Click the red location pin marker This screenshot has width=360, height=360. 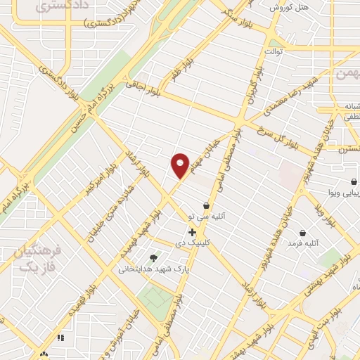pyautogui.click(x=181, y=165)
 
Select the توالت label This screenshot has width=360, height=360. pyautogui.click(x=274, y=51)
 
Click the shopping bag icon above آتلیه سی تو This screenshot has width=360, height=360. pyautogui.click(x=206, y=205)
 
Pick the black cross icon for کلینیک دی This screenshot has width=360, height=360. pyautogui.click(x=191, y=232)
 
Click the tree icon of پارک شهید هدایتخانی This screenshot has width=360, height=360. pyautogui.click(x=154, y=258)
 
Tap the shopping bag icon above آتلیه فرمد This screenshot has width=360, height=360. pyautogui.click(x=302, y=233)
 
